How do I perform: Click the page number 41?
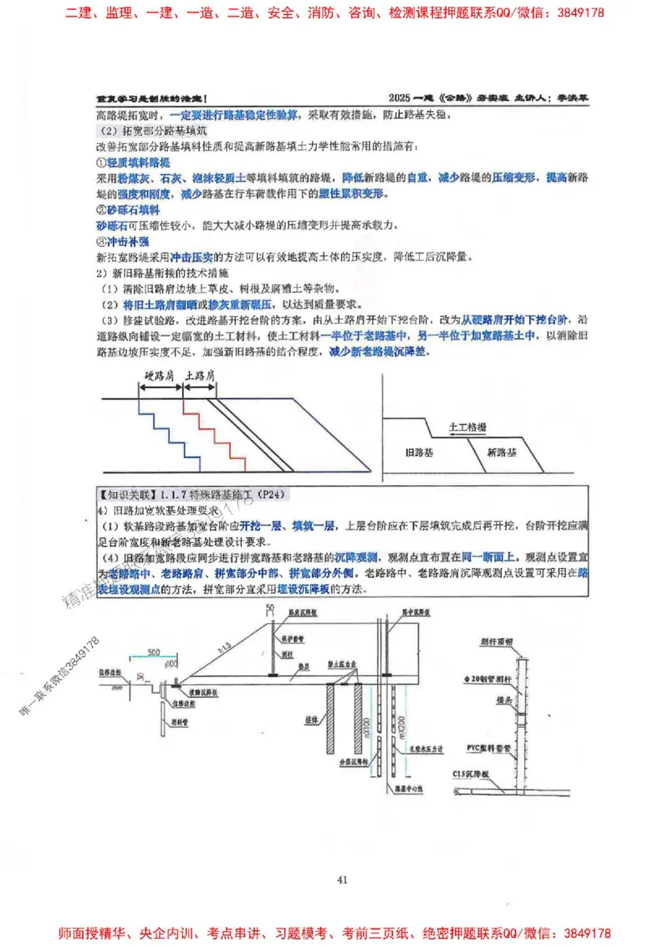(341, 879)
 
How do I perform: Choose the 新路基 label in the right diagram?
(502, 452)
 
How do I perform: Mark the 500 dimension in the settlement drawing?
(152, 652)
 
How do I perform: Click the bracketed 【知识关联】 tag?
(125, 494)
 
